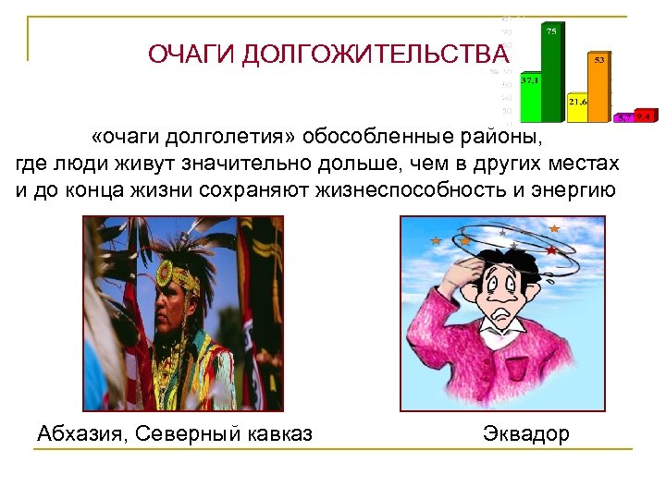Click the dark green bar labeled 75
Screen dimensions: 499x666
pyautogui.click(x=553, y=74)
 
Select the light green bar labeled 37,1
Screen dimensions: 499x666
pyautogui.click(x=531, y=98)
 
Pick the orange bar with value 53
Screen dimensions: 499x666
pyautogui.click(x=600, y=88)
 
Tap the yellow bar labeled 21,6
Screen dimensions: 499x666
pyautogui.click(x=578, y=108)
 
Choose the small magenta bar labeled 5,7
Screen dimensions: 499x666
pyautogui.click(x=624, y=118)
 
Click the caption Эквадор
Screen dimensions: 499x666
pyautogui.click(x=526, y=433)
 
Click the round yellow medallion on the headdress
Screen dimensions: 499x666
pyautogui.click(x=166, y=274)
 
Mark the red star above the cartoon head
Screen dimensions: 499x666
pyautogui.click(x=551, y=249)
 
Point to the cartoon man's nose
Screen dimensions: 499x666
pyautogui.click(x=507, y=296)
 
